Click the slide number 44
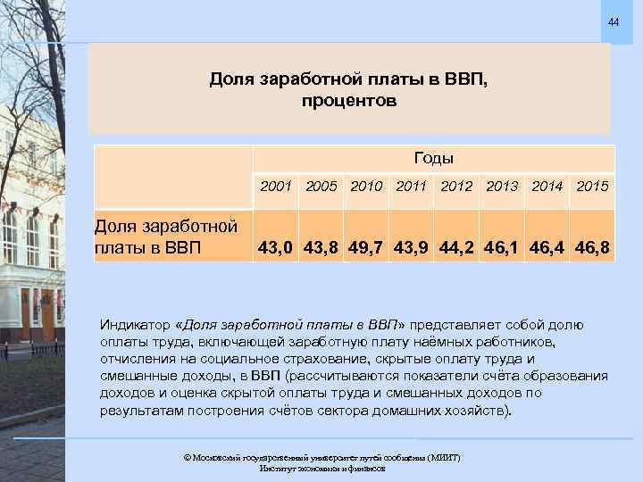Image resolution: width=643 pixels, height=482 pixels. (x=614, y=21)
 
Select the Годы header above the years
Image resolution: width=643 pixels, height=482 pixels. (x=434, y=158)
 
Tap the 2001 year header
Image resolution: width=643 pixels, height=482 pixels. (x=276, y=187)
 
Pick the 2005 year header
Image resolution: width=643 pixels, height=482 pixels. (x=321, y=187)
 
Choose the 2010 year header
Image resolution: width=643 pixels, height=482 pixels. (x=367, y=187)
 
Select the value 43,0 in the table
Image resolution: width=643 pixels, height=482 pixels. (x=276, y=244)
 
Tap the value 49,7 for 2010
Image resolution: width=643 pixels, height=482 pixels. (x=367, y=244)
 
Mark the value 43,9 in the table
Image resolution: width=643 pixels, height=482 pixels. (x=413, y=244)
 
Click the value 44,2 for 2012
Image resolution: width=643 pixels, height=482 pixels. (x=459, y=244)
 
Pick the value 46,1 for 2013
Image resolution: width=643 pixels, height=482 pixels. (x=504, y=244)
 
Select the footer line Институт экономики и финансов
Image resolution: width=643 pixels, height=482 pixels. (x=321, y=468)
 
